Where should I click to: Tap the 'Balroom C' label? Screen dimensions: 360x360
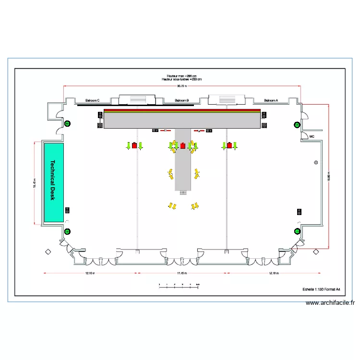tap(92, 100)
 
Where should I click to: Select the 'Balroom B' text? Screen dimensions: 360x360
tap(181, 100)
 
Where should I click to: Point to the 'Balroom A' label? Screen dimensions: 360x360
tap(271, 100)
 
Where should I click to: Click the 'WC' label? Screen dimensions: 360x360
tap(312, 136)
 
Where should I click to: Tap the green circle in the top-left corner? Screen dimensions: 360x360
tap(67, 124)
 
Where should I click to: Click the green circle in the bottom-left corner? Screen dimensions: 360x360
tap(67, 231)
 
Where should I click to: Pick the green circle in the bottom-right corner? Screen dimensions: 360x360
tap(297, 231)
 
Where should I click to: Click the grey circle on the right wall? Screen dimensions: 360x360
tap(315, 162)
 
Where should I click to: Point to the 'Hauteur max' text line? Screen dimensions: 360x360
tap(181, 76)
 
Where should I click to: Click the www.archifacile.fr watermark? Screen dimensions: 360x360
tap(330, 303)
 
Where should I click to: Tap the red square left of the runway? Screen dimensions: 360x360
tap(134, 145)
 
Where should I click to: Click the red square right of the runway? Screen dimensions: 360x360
tap(229, 145)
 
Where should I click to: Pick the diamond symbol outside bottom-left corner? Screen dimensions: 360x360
tap(48, 252)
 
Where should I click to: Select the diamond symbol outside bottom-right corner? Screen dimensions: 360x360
tap(316, 252)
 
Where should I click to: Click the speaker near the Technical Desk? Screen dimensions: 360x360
tap(67, 210)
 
